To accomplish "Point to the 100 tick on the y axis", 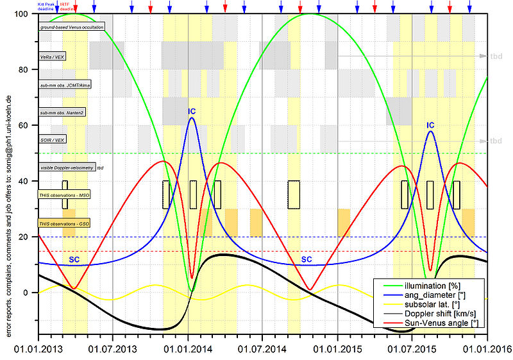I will (28, 14).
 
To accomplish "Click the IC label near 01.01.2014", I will (192, 112).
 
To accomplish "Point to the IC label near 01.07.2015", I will (430, 125).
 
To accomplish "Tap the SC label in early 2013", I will (74, 259).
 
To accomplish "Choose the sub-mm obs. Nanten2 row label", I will (63, 112).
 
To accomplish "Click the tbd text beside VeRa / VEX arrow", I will (496, 56).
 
